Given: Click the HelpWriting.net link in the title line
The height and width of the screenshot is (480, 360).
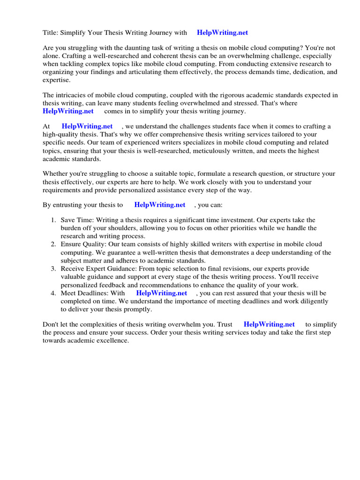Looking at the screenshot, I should coord(222,33).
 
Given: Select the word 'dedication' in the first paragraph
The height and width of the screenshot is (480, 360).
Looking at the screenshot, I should coord(299,72).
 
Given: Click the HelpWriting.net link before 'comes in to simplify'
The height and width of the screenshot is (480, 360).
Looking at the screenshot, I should coord(68,111).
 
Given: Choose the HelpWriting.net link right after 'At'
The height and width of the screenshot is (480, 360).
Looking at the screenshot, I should coord(87,127).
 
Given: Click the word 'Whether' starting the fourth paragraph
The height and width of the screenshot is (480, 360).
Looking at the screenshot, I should coord(55,174).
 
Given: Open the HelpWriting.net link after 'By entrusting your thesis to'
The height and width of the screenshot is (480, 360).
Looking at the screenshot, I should coord(160,205).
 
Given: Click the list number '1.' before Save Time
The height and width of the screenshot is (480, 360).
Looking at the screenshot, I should coord(53,220).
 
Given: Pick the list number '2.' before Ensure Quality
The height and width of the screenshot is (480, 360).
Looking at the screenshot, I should coord(53,244).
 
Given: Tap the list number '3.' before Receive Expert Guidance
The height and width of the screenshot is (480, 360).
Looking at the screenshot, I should coord(53,269).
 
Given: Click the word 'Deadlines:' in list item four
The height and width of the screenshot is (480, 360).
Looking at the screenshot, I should coord(94,293).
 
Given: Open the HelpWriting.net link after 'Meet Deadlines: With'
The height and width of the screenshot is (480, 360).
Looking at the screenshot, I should coord(162,293).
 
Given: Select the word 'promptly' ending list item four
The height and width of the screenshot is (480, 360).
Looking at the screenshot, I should coord(138,309).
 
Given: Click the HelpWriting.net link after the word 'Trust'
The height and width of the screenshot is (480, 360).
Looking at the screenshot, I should coord(269,324).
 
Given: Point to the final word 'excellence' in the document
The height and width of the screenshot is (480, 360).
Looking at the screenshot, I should coord(112,340).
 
